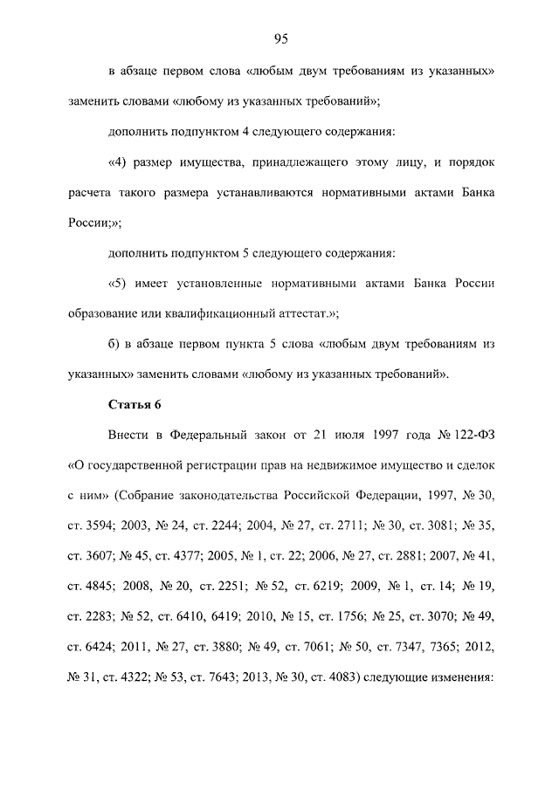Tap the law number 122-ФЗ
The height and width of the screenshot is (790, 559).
[471, 435]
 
